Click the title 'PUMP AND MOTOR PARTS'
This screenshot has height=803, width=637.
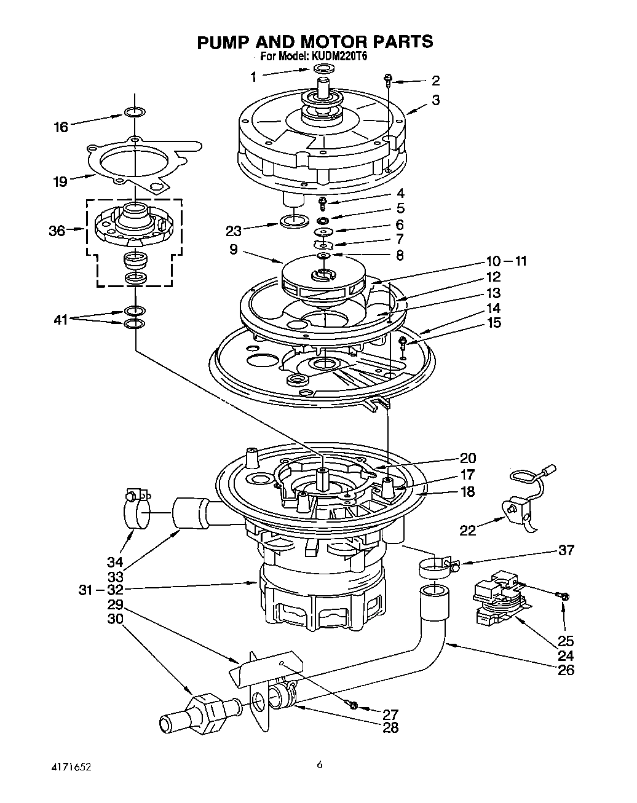[315, 41]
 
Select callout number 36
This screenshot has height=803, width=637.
[57, 231]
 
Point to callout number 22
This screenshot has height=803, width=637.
[468, 529]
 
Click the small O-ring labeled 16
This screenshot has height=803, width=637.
[135, 113]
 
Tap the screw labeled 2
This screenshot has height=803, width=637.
[388, 79]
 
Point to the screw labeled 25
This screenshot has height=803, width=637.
[564, 596]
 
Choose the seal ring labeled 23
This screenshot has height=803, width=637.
[293, 221]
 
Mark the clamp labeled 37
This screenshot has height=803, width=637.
[438, 567]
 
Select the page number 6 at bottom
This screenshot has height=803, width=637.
[320, 765]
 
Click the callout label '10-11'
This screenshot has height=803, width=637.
[505, 261]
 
